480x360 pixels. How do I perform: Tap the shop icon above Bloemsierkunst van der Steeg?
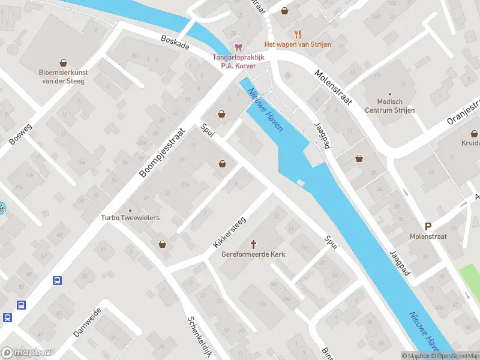[x=63, y=62]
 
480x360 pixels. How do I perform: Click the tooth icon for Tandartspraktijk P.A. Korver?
[x=238, y=47]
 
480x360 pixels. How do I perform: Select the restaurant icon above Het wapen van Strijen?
[x=298, y=35]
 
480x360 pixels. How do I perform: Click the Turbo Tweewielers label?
[x=130, y=218]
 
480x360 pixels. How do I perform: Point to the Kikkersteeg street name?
[x=229, y=233]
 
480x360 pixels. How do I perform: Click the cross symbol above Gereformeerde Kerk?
[x=253, y=244]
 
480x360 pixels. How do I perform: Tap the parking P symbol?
[x=428, y=227]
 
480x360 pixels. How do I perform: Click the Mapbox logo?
[x=26, y=353]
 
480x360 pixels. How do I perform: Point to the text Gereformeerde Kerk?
[x=253, y=254]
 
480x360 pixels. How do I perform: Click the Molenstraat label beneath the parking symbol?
[x=428, y=237]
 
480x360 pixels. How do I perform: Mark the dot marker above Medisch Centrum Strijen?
[x=391, y=94]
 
